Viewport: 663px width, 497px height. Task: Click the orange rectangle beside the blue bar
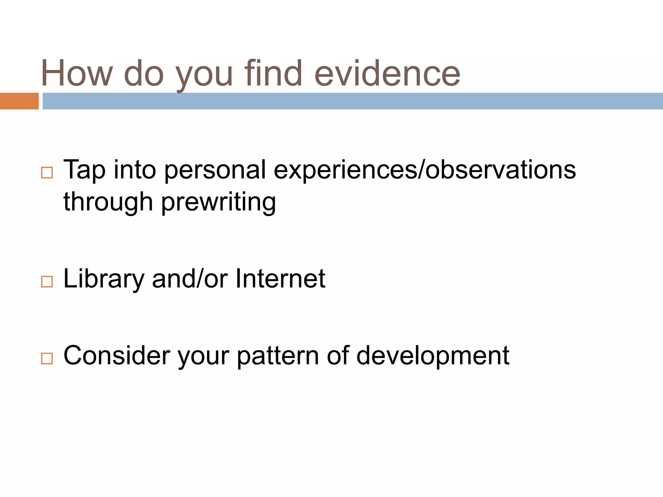pyautogui.click(x=19, y=101)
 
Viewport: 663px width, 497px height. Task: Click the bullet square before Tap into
pyautogui.click(x=47, y=173)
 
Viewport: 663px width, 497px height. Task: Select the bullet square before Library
pyautogui.click(x=47, y=282)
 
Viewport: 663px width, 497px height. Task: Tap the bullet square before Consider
pyautogui.click(x=47, y=359)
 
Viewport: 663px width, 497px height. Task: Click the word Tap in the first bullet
pyautogui.click(x=84, y=170)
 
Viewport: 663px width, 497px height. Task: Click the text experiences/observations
pyautogui.click(x=424, y=170)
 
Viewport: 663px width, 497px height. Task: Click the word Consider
pyautogui.click(x=117, y=355)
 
